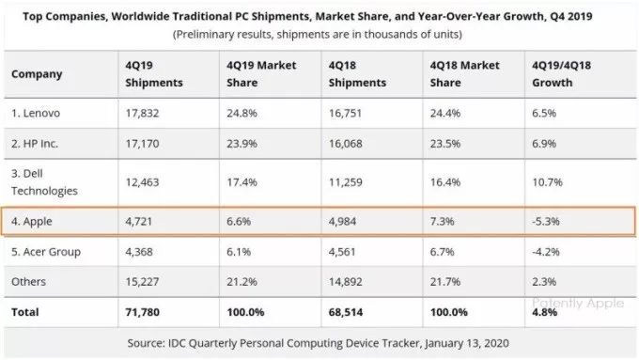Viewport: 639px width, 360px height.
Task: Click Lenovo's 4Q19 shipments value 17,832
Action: point(142,113)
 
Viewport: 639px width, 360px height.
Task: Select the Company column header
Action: point(37,74)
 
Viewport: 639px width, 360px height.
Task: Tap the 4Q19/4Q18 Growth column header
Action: point(561,74)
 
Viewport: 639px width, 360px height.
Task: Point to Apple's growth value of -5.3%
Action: point(546,222)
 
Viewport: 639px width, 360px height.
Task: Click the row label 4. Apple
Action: point(32,222)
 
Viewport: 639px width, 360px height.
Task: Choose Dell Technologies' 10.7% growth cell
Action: point(547,182)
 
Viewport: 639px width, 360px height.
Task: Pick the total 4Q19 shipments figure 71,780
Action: point(142,312)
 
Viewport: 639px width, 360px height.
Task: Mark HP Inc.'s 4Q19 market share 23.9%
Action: point(242,144)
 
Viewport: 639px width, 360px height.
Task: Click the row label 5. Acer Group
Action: point(46,252)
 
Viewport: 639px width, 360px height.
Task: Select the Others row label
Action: point(28,282)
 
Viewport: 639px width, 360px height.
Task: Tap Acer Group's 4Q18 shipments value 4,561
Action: point(342,252)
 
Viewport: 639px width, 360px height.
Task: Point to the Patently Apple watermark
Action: point(578,303)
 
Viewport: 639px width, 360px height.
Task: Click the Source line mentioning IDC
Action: point(318,343)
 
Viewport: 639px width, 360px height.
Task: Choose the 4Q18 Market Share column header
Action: point(464,74)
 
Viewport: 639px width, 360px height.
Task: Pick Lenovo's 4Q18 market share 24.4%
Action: point(445,113)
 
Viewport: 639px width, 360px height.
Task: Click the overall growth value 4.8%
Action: point(544,312)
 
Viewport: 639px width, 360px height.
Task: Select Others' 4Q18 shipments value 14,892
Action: point(345,282)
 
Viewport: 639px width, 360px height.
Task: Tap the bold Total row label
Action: point(24,312)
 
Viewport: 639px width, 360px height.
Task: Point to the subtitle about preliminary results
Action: point(318,35)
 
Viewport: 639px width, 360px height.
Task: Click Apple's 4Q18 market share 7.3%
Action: point(443,222)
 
